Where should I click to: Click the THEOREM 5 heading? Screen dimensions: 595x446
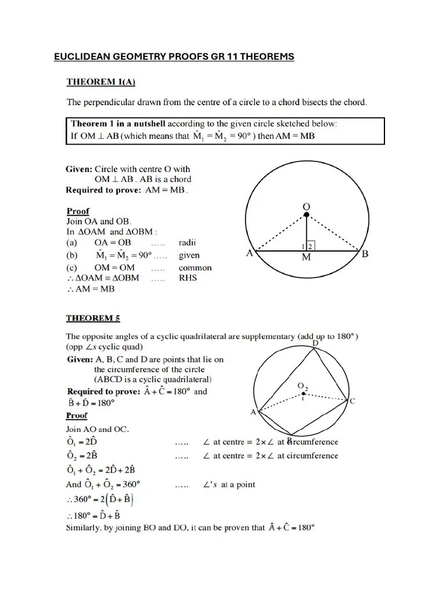pos(93,318)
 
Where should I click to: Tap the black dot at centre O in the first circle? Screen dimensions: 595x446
pos(307,215)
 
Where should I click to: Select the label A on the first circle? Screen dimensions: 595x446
pos(250,253)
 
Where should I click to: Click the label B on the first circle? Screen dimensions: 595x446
pos(365,253)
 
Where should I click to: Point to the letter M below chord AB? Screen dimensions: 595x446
pos(306,258)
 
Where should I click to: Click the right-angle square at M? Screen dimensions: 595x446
pos(310,246)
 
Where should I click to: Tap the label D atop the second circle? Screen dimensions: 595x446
pos(315,343)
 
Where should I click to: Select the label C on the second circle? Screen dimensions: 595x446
pos(352,402)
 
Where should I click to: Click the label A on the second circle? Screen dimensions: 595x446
pos(253,412)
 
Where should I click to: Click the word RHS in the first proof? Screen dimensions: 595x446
pos(188,278)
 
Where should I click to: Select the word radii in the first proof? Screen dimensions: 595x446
pos(189,242)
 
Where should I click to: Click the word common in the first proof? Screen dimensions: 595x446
pos(195,268)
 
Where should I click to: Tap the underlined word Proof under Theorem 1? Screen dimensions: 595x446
pos(78,211)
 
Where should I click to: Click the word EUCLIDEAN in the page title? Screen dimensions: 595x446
pos(81,56)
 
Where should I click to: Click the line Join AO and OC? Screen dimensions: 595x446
pos(98,429)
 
